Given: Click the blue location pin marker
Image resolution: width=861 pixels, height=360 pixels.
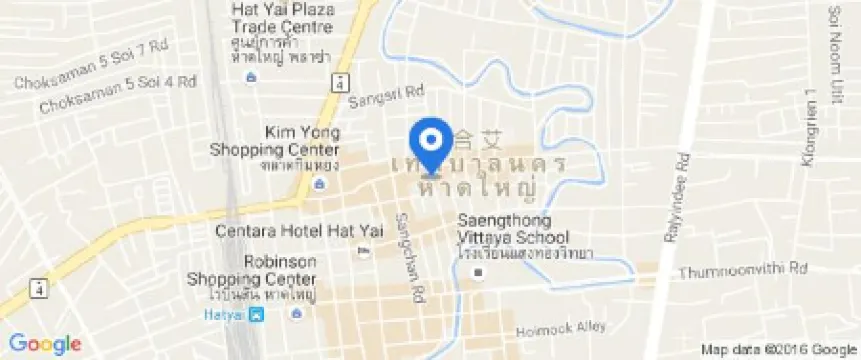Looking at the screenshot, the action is coord(431,143).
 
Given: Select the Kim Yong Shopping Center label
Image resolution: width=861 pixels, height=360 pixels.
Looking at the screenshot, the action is coord(274,141).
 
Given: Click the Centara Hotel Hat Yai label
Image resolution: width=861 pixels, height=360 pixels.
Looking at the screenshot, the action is coord(280,231).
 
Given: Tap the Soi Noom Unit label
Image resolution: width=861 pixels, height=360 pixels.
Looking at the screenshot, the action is coord(833,45).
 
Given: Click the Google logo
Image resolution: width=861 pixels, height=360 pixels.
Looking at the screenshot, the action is coord(46,344).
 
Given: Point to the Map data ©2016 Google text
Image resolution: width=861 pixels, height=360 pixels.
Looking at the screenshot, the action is coord(777,349).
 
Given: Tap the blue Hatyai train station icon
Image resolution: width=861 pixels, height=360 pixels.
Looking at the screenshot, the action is coord(258,315).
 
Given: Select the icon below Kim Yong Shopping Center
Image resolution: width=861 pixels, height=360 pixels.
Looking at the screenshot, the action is coord(317,184).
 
